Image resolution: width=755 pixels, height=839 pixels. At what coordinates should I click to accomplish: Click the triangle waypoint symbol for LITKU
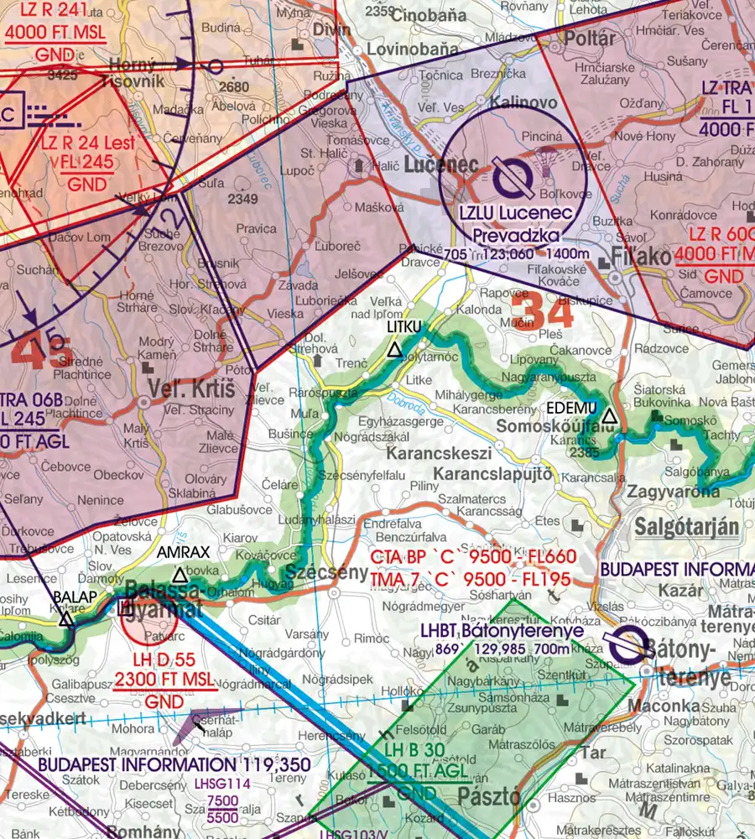click(x=394, y=350)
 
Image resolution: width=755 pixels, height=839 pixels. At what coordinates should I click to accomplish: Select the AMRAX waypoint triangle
click(x=180, y=576)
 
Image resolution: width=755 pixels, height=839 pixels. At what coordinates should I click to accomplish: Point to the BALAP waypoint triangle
click(x=66, y=619)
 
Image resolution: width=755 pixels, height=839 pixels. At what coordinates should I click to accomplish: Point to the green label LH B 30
click(x=405, y=749)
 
